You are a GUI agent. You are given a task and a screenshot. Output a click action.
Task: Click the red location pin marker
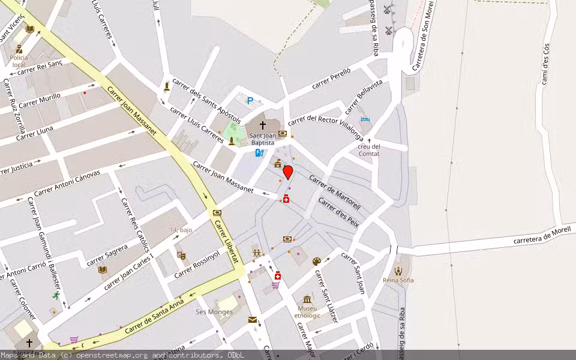pos(288,172)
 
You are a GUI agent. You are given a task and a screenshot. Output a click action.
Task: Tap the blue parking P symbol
pos(250,101)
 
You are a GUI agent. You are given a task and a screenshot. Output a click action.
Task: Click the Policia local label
pos(19,61)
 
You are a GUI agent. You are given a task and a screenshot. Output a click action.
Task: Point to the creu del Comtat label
pos(369,150)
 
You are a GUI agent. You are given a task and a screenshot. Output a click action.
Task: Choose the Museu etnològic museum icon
pos(307,299)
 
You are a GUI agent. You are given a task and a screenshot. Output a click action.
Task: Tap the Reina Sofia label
pos(398,280)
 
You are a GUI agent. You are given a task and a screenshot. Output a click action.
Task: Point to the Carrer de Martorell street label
pos(335,191)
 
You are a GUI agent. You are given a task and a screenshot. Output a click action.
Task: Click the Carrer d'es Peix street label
pos(338,212)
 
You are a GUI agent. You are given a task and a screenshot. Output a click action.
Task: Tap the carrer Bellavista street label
pos(364,97)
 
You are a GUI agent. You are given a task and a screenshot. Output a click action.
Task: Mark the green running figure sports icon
pos(56,296)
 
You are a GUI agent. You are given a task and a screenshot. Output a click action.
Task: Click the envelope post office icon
pos(253,320)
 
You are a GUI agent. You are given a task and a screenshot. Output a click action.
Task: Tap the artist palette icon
pos(317,261)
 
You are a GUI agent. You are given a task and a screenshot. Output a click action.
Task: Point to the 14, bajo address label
pos(181,230)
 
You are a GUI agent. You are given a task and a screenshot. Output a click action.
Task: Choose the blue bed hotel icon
pos(365,120)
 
